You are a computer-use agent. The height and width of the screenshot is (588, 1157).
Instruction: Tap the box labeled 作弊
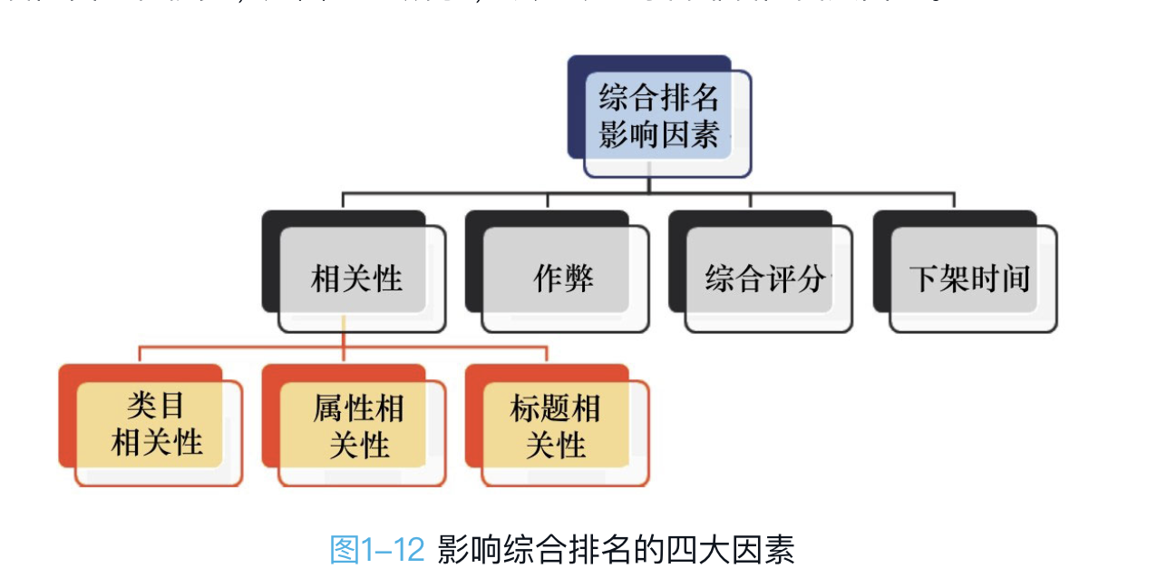tap(563, 278)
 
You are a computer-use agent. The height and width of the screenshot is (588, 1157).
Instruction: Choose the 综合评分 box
tap(765, 278)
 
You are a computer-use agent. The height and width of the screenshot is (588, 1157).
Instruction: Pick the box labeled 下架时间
tap(970, 278)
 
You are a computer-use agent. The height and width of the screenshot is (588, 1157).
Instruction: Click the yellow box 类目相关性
tap(156, 426)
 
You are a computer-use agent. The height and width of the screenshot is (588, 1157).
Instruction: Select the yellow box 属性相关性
tap(359, 426)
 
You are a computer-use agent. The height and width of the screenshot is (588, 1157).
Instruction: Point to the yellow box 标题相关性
tap(555, 426)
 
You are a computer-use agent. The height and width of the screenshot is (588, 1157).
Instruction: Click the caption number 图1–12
tap(377, 549)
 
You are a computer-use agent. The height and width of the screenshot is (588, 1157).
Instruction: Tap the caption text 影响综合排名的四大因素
tap(616, 549)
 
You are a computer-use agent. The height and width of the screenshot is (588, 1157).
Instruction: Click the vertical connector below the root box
tap(647, 184)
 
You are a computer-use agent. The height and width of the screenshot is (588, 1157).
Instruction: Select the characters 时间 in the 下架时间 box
tap(1000, 278)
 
